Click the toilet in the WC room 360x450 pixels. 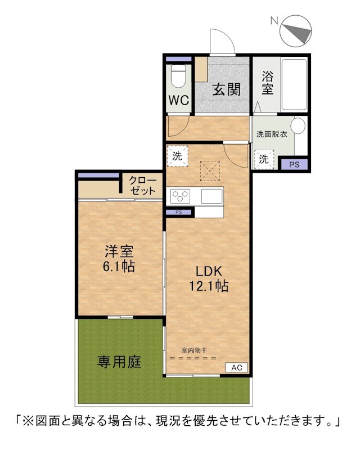coord(178,76)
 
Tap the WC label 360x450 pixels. coord(178,101)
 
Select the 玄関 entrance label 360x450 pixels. coord(226,90)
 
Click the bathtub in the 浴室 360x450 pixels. coord(294,84)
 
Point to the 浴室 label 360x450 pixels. coord(267,83)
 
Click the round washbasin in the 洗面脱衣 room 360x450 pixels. coord(298,125)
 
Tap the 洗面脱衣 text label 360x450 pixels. coord(272,134)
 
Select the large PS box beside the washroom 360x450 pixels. coord(294,164)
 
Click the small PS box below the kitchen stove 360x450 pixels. coord(178,213)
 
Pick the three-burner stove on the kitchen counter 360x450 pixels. coord(181,196)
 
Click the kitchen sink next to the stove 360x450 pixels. coord(211,196)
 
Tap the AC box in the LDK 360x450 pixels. coord(237,368)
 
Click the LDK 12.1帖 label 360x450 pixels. coord(209,278)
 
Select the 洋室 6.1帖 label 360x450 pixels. coord(119,259)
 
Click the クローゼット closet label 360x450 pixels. coord(142,186)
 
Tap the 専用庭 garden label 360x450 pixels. coord(119,361)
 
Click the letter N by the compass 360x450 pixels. coord(274,20)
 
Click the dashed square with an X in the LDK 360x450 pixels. coord(210,172)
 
